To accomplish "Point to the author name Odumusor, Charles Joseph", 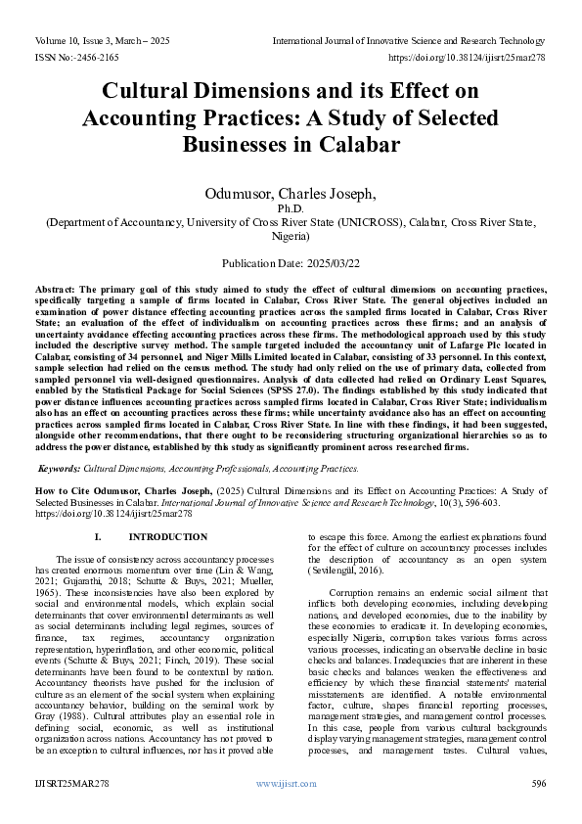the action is [290, 193].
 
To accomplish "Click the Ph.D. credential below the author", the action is [291, 209].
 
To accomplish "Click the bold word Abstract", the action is [57, 291].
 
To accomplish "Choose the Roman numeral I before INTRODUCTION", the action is [97, 537].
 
